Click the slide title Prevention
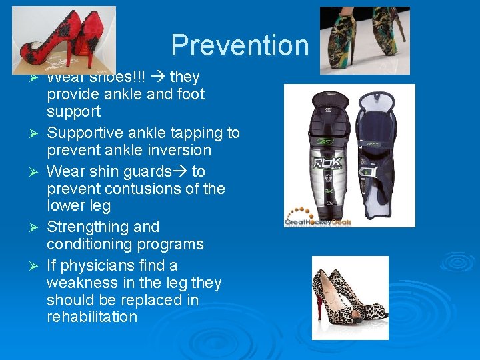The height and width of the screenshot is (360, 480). point(240,45)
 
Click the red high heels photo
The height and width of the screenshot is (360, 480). point(63,39)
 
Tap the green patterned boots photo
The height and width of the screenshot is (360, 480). point(365,40)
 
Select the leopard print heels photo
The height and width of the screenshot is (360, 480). point(350,297)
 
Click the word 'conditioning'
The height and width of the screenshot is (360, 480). point(91,245)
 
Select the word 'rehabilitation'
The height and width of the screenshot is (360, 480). point(92,317)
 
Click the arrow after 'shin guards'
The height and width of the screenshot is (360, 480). point(181,172)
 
